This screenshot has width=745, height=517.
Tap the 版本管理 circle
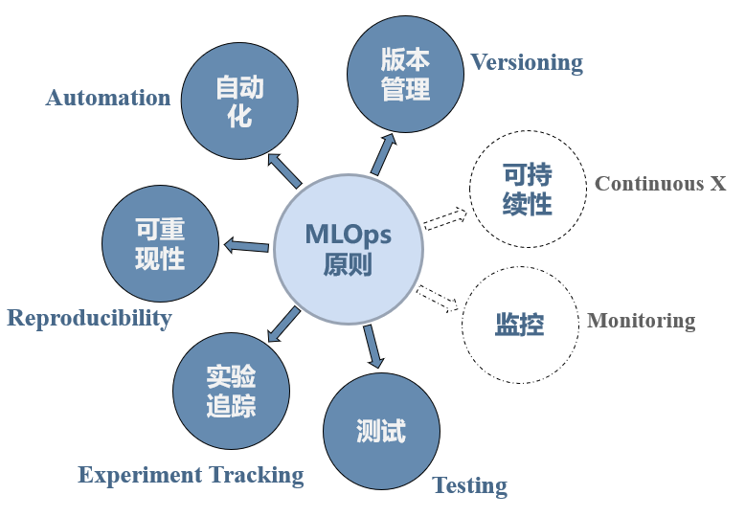pyautogui.click(x=405, y=75)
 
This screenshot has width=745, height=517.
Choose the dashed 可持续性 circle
pyautogui.click(x=527, y=190)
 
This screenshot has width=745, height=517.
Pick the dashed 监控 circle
pyautogui.click(x=520, y=324)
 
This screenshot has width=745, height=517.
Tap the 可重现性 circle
pyautogui.click(x=160, y=243)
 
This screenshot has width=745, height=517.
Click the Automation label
pyautogui.click(x=108, y=98)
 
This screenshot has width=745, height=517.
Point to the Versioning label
pyautogui.click(x=526, y=62)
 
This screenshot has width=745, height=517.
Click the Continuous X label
pyautogui.click(x=660, y=183)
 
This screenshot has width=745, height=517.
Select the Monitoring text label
pyautogui.click(x=641, y=321)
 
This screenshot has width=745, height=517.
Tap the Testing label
pyautogui.click(x=469, y=485)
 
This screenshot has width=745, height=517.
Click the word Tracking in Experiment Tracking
pyautogui.click(x=257, y=475)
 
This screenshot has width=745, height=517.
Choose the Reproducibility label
pyautogui.click(x=89, y=318)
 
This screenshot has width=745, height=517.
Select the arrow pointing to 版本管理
pyautogui.click(x=383, y=154)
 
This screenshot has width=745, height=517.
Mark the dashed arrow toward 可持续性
pyautogui.click(x=444, y=219)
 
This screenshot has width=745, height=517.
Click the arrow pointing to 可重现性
pyautogui.click(x=245, y=247)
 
